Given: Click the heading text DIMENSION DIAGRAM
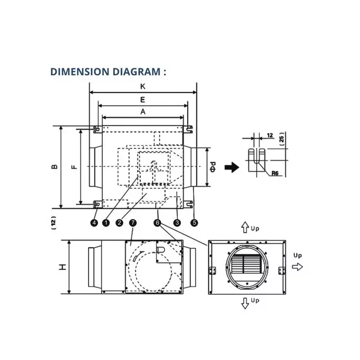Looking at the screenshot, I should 108,71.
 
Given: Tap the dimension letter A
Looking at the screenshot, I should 142,111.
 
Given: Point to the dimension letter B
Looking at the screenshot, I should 54,167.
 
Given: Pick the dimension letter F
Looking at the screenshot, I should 74,167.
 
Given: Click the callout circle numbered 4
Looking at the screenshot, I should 94,223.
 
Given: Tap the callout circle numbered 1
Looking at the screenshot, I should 106,223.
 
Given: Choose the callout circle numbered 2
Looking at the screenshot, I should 119,223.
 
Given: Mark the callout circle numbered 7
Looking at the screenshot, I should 133,223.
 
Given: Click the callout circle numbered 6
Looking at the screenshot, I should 158,223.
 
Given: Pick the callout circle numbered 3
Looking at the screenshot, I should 177,223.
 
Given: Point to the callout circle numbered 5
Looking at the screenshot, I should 195,223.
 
